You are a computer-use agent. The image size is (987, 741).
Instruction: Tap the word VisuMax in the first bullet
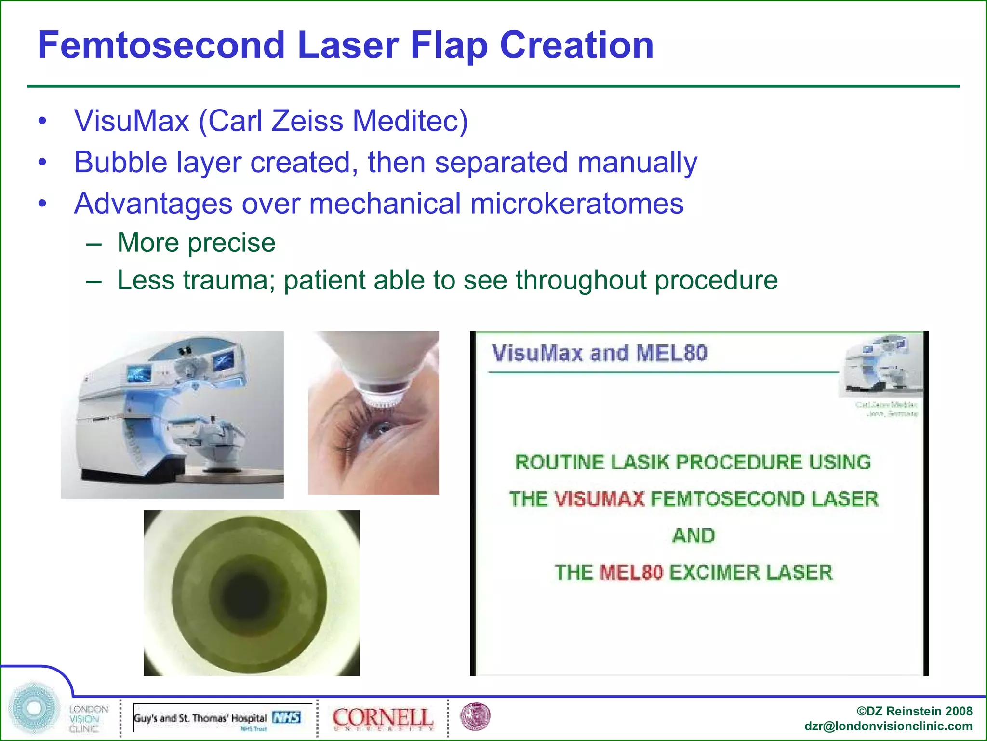tap(132, 121)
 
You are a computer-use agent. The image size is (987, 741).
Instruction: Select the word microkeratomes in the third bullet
tap(577, 204)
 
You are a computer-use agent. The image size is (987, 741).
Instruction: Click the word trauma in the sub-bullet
tap(228, 280)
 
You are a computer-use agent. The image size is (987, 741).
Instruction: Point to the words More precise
tap(196, 243)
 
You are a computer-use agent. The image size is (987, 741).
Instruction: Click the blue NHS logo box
tap(287, 717)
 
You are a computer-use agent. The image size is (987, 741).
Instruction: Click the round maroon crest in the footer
tap(475, 716)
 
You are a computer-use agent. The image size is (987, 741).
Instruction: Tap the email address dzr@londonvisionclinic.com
tap(888, 727)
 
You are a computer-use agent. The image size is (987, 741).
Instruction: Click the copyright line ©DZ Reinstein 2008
tap(914, 711)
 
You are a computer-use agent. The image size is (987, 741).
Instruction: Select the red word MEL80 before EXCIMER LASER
tap(631, 573)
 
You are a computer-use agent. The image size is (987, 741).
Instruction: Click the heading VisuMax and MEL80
tap(599, 354)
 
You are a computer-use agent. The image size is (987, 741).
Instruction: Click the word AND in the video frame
tap(694, 536)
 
